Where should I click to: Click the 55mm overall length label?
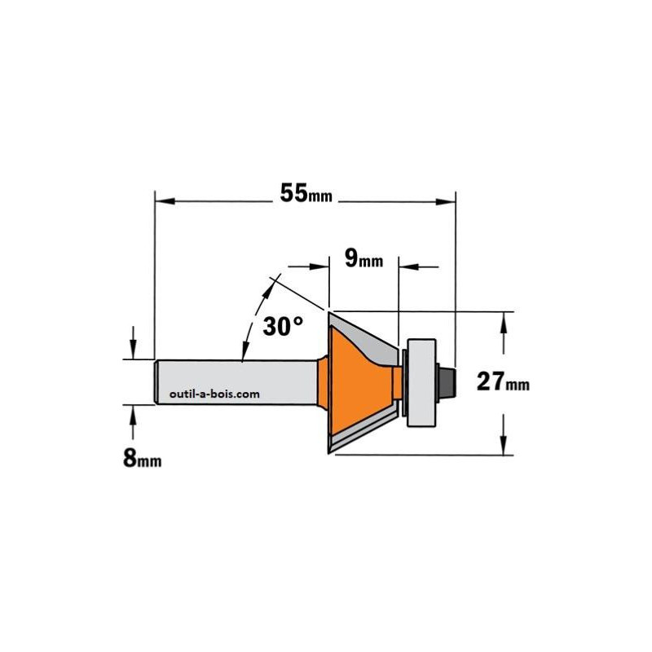coord(306,193)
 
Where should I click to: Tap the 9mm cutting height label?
coord(363,259)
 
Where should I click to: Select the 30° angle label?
coord(283,326)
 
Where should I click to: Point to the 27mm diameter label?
coord(503,381)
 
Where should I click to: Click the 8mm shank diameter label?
coord(142,459)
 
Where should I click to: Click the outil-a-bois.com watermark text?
coord(214,394)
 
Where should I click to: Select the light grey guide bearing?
coord(421,382)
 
